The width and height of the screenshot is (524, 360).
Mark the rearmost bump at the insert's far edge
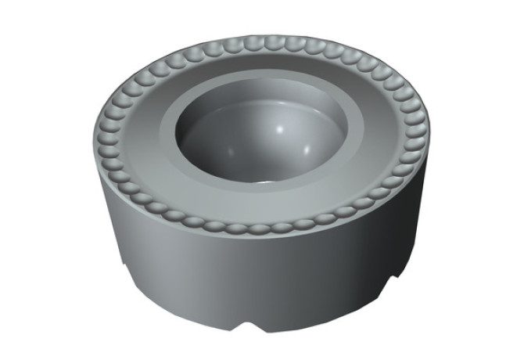[x=258, y=40]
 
